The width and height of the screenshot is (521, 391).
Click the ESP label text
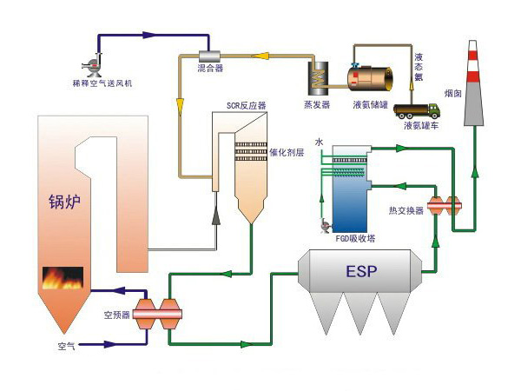click(361, 271)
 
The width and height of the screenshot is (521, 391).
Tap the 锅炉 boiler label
click(65, 202)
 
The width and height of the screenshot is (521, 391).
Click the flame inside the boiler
click(63, 278)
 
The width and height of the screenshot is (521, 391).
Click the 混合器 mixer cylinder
click(209, 56)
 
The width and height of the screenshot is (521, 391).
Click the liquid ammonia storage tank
click(370, 79)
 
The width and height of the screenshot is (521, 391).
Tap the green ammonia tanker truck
click(417, 111)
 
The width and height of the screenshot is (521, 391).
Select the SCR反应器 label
click(247, 106)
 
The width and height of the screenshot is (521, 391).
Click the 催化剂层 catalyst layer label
click(287, 152)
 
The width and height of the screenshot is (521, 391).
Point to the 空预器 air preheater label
click(116, 315)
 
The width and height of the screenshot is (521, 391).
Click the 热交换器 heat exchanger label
click(406, 210)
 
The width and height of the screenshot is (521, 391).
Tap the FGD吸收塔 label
click(355, 238)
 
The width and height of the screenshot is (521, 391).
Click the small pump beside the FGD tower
click(325, 227)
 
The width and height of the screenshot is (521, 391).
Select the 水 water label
click(319, 142)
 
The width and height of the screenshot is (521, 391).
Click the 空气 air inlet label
click(67, 346)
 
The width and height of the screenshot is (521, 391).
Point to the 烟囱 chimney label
click(453, 94)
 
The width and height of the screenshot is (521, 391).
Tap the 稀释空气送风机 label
click(102, 83)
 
